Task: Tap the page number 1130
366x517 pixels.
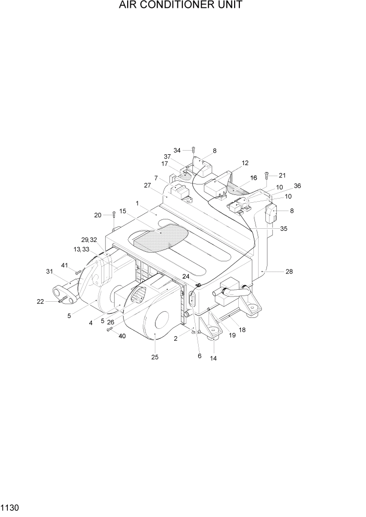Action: tap(10, 507)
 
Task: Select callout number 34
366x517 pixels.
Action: tap(177, 151)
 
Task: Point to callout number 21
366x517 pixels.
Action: tap(282, 175)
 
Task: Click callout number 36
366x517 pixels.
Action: tap(297, 186)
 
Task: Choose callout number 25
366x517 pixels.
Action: tap(155, 357)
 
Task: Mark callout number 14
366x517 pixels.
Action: tap(213, 358)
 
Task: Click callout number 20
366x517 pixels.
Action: tap(97, 215)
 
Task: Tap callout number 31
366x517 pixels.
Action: tap(50, 271)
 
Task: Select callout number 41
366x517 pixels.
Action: tap(65, 265)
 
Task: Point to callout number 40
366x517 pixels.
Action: tap(122, 336)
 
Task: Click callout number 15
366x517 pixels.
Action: tap(123, 211)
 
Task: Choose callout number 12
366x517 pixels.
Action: tap(245, 163)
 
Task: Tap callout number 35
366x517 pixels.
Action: tap(284, 228)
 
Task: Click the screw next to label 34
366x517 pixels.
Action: tap(193, 151)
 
